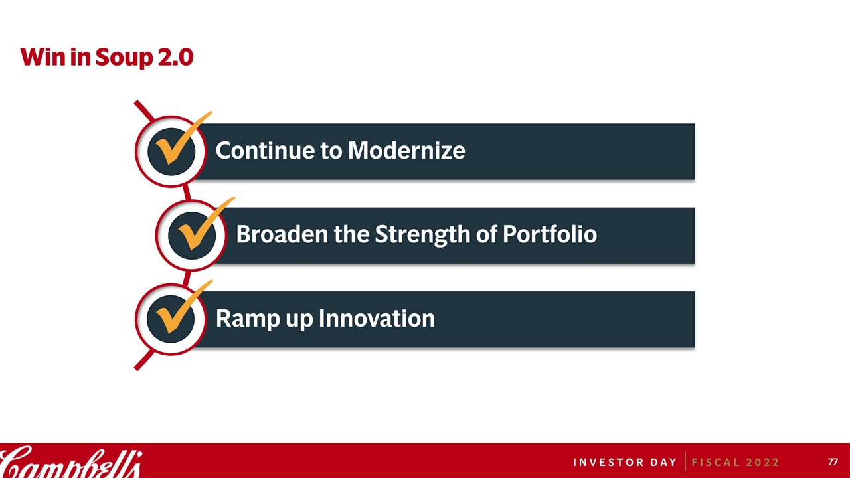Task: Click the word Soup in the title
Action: tap(124, 58)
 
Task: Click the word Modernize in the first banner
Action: tap(406, 151)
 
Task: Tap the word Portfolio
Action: tap(550, 234)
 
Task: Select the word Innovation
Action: tap(377, 318)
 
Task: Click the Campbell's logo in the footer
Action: tap(71, 462)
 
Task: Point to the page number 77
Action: tap(833, 461)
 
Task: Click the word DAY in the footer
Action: tap(663, 463)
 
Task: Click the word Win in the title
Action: tap(43, 57)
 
